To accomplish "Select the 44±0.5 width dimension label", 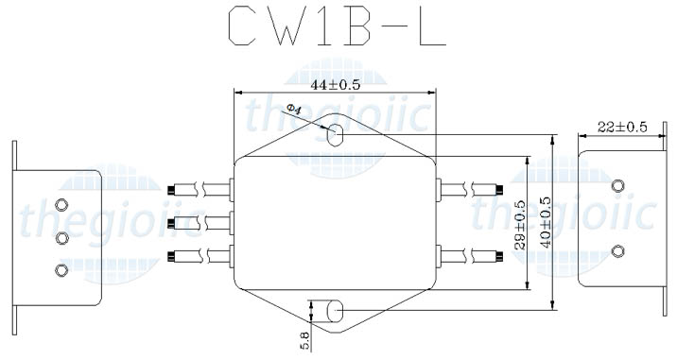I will tap(336, 84).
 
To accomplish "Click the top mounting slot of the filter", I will tap(336, 136).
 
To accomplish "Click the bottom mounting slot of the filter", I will tap(336, 309).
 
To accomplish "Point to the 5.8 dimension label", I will tap(304, 338).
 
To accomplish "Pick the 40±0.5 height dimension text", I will tap(544, 223).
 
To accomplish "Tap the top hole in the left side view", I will tap(61, 205).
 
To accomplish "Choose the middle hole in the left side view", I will tap(61, 237).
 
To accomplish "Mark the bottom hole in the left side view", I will tap(61, 270).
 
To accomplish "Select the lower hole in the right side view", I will tap(618, 251).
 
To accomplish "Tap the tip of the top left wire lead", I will tap(171, 190).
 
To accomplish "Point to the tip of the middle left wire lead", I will tap(171, 223).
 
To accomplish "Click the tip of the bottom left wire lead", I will tap(171, 255).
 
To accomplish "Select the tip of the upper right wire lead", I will tap(498, 189).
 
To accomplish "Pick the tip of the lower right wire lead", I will tap(498, 255).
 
